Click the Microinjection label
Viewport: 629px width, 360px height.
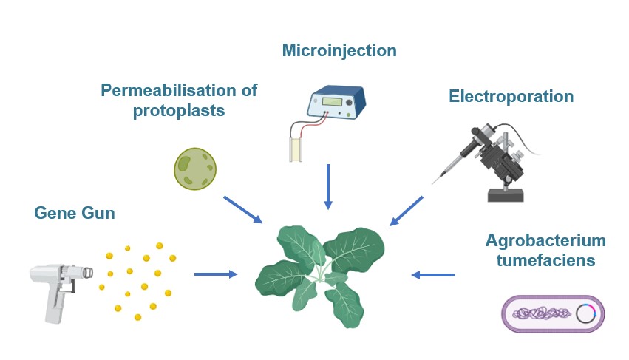339,50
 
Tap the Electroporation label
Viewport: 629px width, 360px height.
511,96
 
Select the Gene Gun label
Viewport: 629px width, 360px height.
75,214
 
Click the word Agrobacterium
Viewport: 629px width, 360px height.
545,241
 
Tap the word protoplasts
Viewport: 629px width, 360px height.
178,111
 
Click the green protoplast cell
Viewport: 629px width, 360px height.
195,169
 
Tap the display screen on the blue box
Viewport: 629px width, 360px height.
330,101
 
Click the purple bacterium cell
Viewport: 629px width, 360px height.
553,313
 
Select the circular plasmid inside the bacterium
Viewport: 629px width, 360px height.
586,313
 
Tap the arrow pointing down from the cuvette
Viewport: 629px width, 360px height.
327,186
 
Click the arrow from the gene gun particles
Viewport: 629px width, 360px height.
216,274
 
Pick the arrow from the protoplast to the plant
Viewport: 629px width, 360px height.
242,209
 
